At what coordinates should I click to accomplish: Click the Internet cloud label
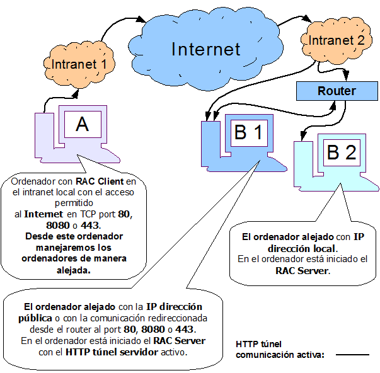point(205,49)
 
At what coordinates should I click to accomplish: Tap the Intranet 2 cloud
point(333,40)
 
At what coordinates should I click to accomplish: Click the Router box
point(336,91)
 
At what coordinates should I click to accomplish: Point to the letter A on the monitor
point(82,125)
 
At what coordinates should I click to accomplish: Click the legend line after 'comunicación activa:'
point(352,355)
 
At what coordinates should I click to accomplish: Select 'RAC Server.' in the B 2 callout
point(302,271)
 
